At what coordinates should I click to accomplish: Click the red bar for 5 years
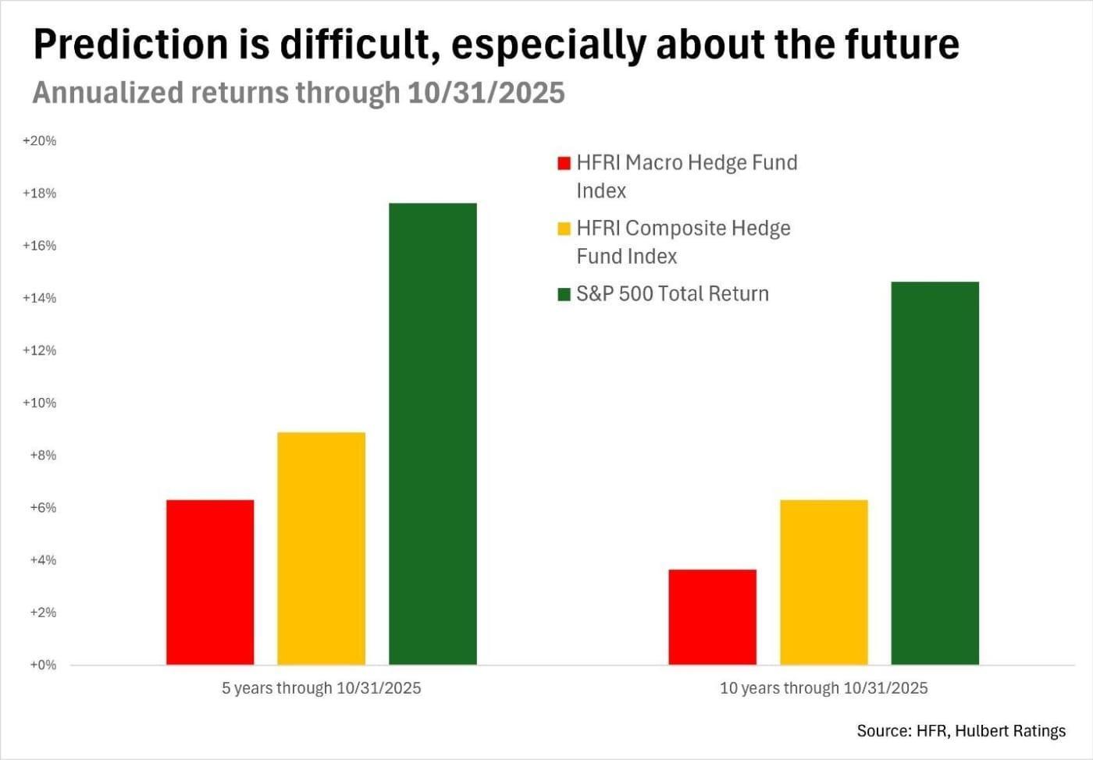coord(210,582)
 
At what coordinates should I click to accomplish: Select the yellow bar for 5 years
coord(321,549)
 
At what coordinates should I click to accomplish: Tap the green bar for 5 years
coord(433,434)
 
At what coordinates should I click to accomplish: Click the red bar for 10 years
coord(712,617)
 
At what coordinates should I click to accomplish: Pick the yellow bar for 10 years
coord(824,582)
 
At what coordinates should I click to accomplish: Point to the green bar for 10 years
coord(935,473)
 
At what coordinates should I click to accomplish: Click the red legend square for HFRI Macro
coord(564,163)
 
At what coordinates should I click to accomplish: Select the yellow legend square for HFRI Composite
coord(564,229)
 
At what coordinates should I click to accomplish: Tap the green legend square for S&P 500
coord(564,294)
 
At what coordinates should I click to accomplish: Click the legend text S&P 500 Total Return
coord(672,294)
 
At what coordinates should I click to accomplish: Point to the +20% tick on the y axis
coord(39,141)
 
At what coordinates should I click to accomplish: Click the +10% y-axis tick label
coord(39,403)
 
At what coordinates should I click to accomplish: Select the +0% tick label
coord(43,666)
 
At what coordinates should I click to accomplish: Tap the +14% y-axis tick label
coord(39,298)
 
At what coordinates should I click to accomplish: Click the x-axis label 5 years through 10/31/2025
coord(321,688)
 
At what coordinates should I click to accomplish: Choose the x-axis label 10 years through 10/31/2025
coord(824,688)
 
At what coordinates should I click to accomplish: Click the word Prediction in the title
coord(129,45)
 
